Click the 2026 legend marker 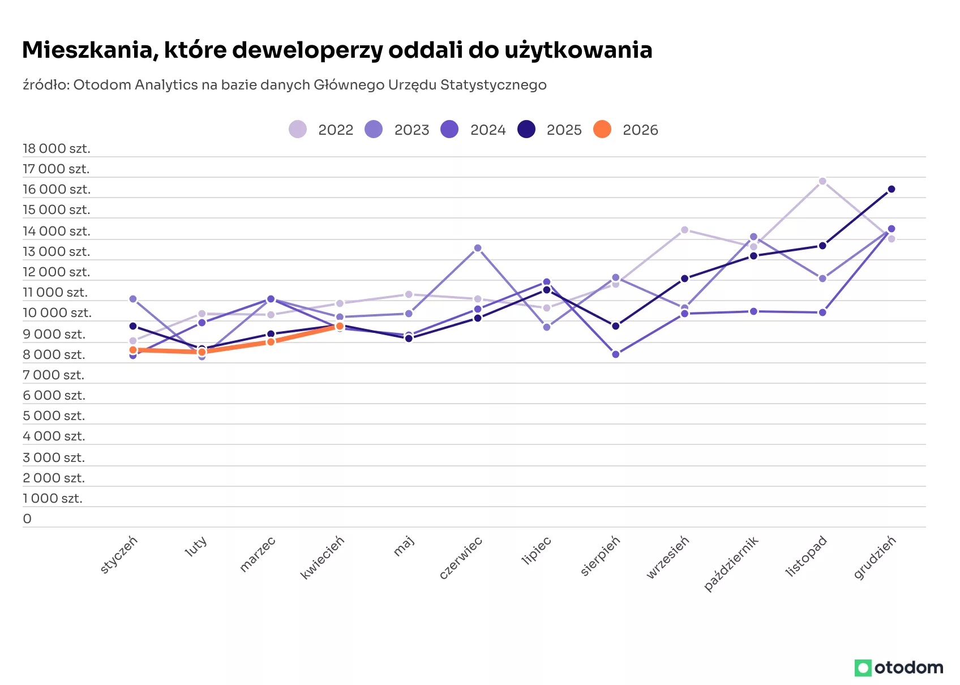pyautogui.click(x=602, y=130)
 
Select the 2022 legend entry pyautogui.click(x=321, y=130)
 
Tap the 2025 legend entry pyautogui.click(x=550, y=130)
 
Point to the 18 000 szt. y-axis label pyautogui.click(x=57, y=149)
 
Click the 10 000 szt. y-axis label pyautogui.click(x=57, y=313)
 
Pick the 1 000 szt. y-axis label pyautogui.click(x=52, y=499)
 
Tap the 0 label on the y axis pyautogui.click(x=27, y=519)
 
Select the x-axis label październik pyautogui.click(x=731, y=564)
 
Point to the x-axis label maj pyautogui.click(x=404, y=546)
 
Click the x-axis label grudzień pyautogui.click(x=875, y=557)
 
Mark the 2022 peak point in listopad pyautogui.click(x=822, y=181)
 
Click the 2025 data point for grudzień pyautogui.click(x=892, y=189)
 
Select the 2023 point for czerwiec pyautogui.click(x=478, y=248)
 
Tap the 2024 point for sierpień pyautogui.click(x=616, y=354)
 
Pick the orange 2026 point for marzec pyautogui.click(x=271, y=342)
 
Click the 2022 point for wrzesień pyautogui.click(x=685, y=230)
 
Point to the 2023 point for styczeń pyautogui.click(x=133, y=299)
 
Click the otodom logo pyautogui.click(x=899, y=668)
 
